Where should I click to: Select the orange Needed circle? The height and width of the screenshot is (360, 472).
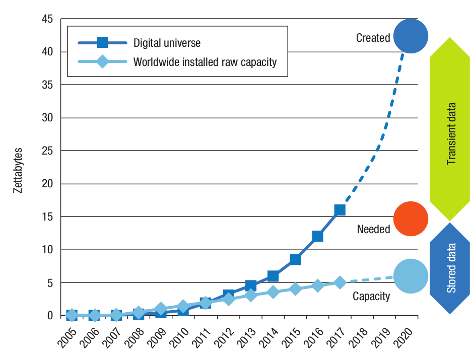[x=411, y=219]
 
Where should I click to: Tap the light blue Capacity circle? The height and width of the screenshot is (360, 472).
[x=411, y=276]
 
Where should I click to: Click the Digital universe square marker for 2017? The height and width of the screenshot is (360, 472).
[x=340, y=210]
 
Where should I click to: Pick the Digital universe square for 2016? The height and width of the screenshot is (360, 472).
[x=317, y=236]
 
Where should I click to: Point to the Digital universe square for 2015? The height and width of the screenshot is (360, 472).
[x=295, y=259]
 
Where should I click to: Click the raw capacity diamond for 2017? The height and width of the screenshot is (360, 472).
[x=340, y=282]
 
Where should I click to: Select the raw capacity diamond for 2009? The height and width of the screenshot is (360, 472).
[x=161, y=309]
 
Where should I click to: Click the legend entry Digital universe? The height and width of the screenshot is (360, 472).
[x=167, y=42]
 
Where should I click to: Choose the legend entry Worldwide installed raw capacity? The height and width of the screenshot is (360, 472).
[x=205, y=62]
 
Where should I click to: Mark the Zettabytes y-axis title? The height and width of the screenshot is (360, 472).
[x=18, y=171]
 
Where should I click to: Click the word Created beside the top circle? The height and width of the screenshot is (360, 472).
[x=373, y=38]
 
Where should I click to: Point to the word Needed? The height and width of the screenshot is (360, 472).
[x=373, y=230]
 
